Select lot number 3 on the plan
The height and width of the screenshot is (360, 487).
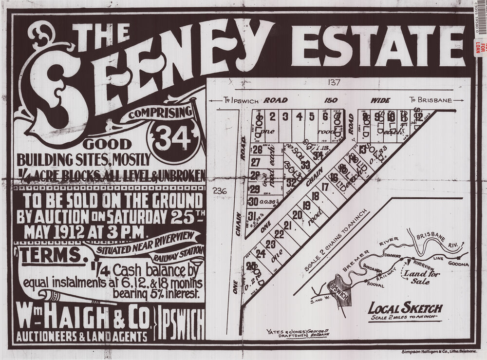pos(285,116)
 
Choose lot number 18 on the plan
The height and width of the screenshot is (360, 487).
pos(315,196)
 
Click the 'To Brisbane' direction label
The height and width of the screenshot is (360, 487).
pos(431,100)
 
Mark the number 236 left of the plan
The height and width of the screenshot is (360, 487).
pos(220,191)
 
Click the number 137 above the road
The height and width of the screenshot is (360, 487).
pos(334,82)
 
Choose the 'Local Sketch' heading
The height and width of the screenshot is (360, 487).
pos(405,308)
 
